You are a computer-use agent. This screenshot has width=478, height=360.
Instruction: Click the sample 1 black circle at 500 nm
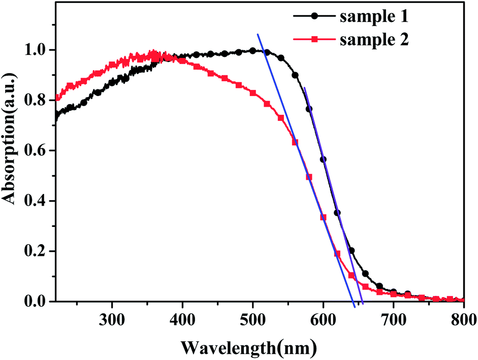[252, 51]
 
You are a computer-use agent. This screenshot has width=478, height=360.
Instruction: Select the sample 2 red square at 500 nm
[252, 93]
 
